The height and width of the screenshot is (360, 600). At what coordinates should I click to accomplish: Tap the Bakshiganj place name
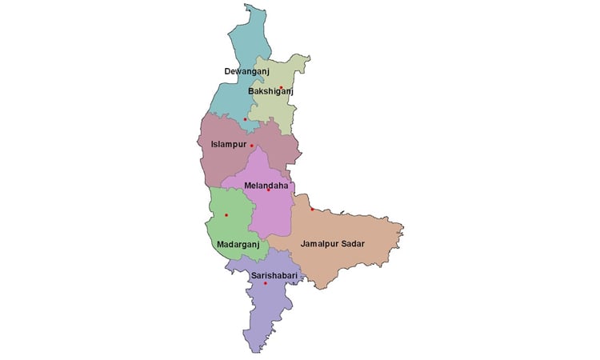(271, 92)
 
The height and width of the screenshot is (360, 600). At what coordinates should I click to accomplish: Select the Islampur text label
(228, 145)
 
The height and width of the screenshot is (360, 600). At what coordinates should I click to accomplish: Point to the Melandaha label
(266, 185)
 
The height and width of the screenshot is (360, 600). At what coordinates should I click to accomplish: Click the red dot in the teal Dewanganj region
(245, 119)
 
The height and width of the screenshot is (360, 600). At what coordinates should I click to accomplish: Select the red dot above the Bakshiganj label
(281, 86)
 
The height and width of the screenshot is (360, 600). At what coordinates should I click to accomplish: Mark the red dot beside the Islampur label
(251, 146)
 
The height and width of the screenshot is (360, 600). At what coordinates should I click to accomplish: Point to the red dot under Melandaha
(269, 190)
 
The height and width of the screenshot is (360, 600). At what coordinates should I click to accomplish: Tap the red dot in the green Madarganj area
(226, 215)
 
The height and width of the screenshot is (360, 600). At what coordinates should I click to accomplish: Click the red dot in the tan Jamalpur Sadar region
(312, 210)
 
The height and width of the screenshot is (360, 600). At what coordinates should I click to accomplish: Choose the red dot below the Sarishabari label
(266, 283)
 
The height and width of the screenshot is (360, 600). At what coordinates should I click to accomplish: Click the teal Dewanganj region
(240, 48)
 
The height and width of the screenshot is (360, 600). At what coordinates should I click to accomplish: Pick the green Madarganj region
(232, 228)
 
